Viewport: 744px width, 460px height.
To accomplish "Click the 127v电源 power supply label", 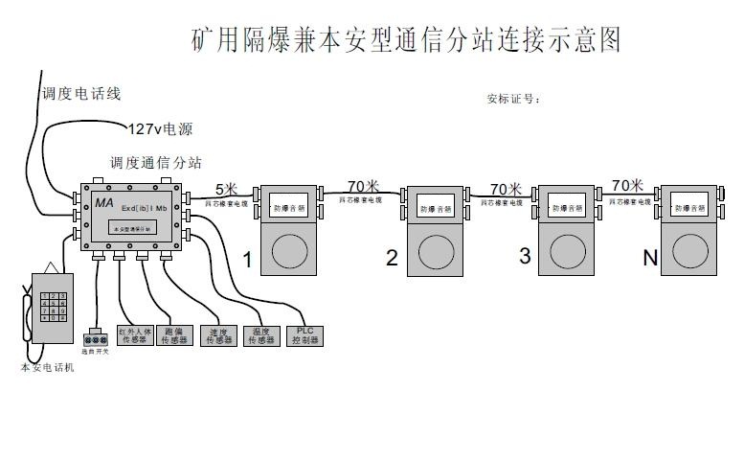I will pos(160,127).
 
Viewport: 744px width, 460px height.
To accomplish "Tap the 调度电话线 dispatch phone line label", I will pos(80,94).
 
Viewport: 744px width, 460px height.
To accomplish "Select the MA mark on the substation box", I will pos(104,203).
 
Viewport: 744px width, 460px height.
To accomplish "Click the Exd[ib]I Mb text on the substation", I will pos(145,208).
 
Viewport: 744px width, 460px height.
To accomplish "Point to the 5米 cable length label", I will pos(226,189).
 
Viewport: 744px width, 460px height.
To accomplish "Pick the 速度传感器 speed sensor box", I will pos(218,335).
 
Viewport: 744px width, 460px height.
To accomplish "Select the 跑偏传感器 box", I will pos(175,335).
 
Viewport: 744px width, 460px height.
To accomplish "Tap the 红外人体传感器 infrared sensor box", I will pos(135,335).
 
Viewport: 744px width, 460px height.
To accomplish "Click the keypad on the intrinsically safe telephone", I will pos(58,310).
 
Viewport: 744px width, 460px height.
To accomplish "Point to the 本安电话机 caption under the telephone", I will pos(47,368).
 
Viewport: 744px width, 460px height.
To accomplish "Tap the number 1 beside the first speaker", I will pos(247,259).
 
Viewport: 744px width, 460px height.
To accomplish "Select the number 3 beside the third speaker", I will pos(524,256).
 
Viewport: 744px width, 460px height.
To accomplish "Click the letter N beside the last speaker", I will pos(651,257).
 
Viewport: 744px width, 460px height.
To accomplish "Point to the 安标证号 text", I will pos(513,98).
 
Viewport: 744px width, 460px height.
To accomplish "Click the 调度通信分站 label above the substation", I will pos(156,163).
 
